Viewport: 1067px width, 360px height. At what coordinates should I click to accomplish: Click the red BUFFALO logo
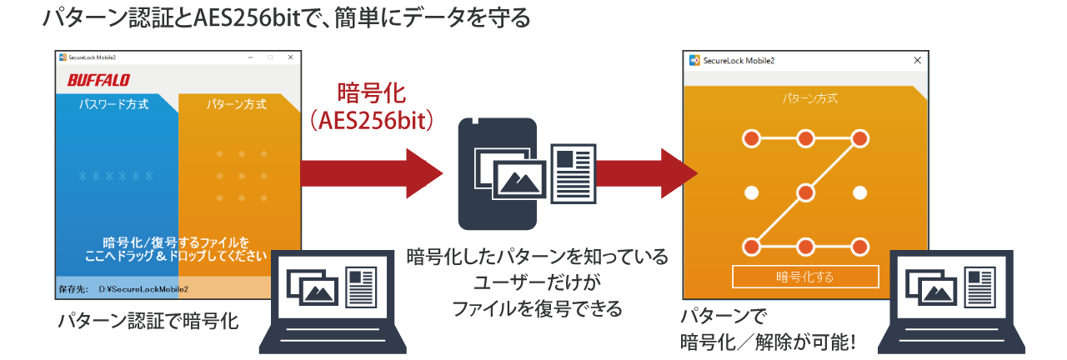98,80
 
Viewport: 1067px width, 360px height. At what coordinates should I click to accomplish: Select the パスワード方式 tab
113,105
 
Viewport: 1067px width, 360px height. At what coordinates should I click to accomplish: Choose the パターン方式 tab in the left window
237,105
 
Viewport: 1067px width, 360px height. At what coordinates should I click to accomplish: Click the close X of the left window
290,57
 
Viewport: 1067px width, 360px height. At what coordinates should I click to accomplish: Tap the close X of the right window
918,61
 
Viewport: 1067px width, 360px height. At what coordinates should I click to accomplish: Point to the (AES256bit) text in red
371,122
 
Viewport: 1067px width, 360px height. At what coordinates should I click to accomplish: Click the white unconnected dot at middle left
751,193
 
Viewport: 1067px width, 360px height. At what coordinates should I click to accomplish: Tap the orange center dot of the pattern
805,193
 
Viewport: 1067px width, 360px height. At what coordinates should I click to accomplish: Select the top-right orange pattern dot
860,137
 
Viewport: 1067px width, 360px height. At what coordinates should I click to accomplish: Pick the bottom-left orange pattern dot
751,247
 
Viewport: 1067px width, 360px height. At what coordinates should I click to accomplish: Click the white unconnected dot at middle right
860,193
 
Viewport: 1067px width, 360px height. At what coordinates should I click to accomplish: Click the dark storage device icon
497,173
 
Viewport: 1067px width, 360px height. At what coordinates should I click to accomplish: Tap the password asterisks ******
116,177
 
